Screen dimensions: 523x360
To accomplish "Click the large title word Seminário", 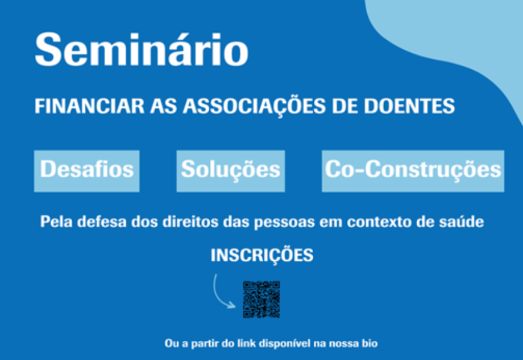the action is click(x=141, y=50).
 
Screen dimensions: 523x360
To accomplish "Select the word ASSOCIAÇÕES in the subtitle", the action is click(x=254, y=106).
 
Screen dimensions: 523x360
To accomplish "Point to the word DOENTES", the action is click(x=409, y=106).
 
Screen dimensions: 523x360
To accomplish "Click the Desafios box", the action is click(x=87, y=171).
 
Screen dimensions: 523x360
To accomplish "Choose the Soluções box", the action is click(x=230, y=171).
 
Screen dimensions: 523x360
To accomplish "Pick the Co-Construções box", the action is click(x=413, y=171).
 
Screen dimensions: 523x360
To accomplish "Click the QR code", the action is click(x=261, y=299).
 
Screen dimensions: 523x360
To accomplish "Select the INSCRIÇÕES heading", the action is click(x=262, y=255).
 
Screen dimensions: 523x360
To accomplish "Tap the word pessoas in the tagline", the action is click(x=284, y=222).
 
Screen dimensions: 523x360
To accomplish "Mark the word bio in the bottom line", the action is click(x=370, y=343).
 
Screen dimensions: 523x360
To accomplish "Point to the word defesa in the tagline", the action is click(x=102, y=222).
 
